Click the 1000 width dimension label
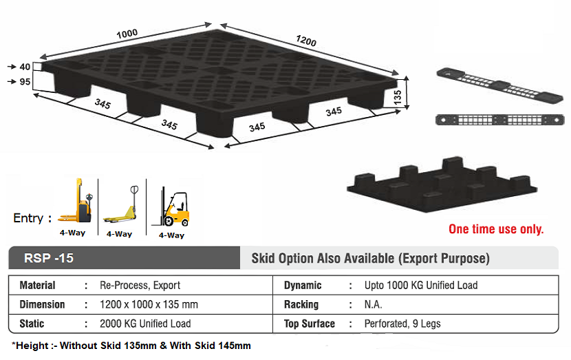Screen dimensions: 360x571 click(x=127, y=32)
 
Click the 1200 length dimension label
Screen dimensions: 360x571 click(x=305, y=41)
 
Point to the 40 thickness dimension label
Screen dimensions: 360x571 click(x=25, y=67)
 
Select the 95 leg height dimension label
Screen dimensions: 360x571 click(x=25, y=83)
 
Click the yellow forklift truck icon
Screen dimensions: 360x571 click(x=175, y=207)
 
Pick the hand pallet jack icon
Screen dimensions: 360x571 click(x=121, y=207)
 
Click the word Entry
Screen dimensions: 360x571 click(x=28, y=218)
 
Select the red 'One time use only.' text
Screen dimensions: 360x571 click(x=495, y=229)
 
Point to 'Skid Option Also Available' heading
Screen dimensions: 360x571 click(x=371, y=259)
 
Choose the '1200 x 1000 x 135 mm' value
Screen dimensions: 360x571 click(x=149, y=304)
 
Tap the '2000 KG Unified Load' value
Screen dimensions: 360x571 click(x=145, y=324)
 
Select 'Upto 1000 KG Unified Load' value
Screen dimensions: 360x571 click(x=420, y=285)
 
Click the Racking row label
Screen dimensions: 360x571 click(x=301, y=304)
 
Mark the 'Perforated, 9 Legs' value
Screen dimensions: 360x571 click(x=402, y=324)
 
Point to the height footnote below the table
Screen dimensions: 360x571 click(x=131, y=346)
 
